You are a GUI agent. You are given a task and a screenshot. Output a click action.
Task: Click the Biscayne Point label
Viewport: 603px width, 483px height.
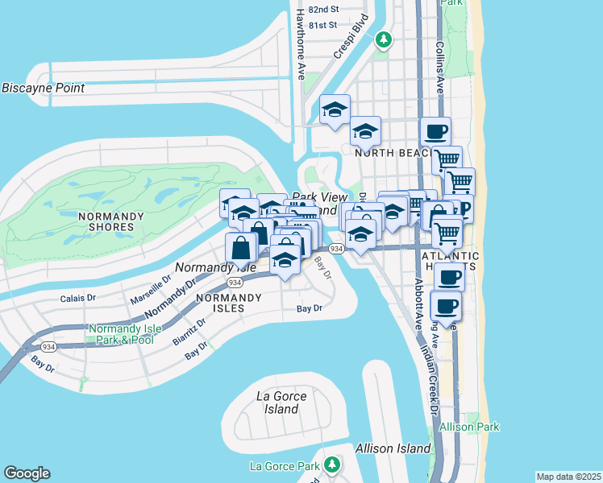pyautogui.click(x=43, y=88)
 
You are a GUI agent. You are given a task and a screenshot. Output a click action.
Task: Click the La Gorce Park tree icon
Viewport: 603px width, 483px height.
pyautogui.click(x=331, y=464)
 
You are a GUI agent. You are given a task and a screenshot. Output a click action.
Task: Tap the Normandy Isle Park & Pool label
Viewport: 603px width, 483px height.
pyautogui.click(x=121, y=334)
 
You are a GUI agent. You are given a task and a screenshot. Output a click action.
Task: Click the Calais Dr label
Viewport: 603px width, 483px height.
pyautogui.click(x=78, y=298)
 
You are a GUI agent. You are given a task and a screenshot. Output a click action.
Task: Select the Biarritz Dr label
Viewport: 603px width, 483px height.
pyautogui.click(x=189, y=331)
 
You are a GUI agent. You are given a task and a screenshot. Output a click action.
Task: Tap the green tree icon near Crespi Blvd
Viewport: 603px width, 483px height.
pyautogui.click(x=385, y=39)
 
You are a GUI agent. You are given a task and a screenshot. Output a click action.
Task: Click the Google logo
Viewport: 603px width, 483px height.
pyautogui.click(x=27, y=473)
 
